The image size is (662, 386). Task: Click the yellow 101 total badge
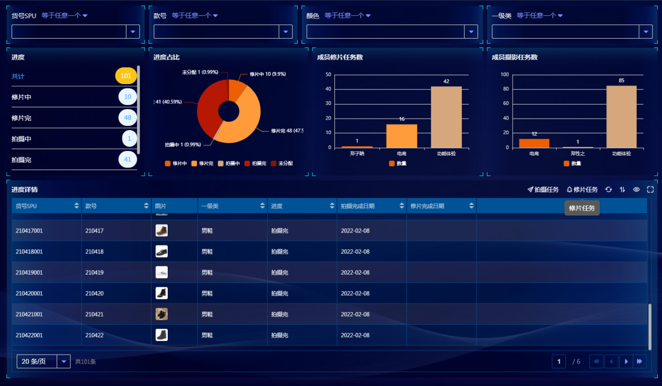point(126,76)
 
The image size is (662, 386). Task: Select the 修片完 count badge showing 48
point(127,118)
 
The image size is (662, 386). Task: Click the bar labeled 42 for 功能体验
point(446,117)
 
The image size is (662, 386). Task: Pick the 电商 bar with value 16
point(401,136)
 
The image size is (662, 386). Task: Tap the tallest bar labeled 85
point(621,116)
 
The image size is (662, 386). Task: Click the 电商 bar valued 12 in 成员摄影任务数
point(534,143)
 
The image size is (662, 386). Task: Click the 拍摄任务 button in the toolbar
point(543,190)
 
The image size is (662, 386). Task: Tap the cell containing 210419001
point(29,273)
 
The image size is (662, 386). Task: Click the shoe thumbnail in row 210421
point(161,314)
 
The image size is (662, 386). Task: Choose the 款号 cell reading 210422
point(95,335)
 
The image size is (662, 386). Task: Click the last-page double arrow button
point(640,361)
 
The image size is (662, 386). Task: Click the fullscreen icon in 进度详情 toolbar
point(651,190)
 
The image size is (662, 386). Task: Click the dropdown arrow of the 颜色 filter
point(471,32)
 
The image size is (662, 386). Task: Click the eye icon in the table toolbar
point(636,190)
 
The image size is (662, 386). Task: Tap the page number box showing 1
point(559,361)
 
